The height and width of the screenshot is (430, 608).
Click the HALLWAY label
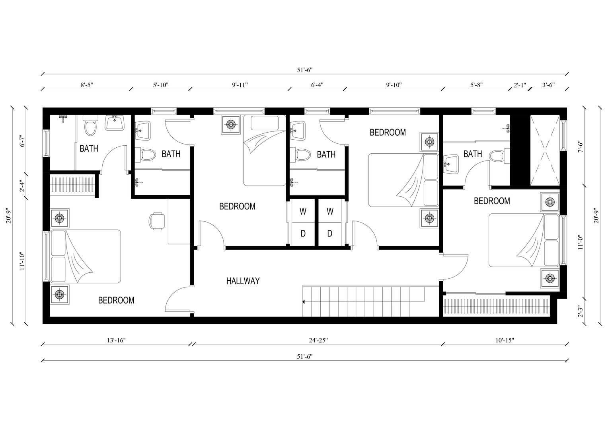coord(243,281)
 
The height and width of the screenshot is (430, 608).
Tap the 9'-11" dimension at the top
coord(240,85)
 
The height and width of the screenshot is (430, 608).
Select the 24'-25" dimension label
coord(318,340)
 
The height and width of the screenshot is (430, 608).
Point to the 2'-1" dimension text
coord(520,85)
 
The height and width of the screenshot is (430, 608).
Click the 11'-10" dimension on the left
coord(22,262)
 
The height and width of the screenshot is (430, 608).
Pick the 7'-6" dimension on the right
coord(581,147)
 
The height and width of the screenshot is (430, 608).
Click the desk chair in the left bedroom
coord(157,221)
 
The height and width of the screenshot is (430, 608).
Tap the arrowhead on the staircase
coord(304,302)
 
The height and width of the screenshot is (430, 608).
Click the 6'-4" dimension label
coord(317,85)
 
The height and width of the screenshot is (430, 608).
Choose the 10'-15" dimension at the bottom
coord(505,340)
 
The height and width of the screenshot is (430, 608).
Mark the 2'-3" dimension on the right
coord(581,312)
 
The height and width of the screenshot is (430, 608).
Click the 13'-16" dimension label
coord(116,340)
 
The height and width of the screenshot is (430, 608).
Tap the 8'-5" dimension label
coord(87,85)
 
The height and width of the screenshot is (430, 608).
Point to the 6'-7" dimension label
coord(22,141)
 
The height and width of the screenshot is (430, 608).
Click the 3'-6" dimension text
coord(549,85)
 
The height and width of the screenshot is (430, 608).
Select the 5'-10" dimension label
coord(161,85)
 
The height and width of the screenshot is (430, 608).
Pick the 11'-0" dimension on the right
coord(581,242)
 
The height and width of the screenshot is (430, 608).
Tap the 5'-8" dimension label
coord(476,85)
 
